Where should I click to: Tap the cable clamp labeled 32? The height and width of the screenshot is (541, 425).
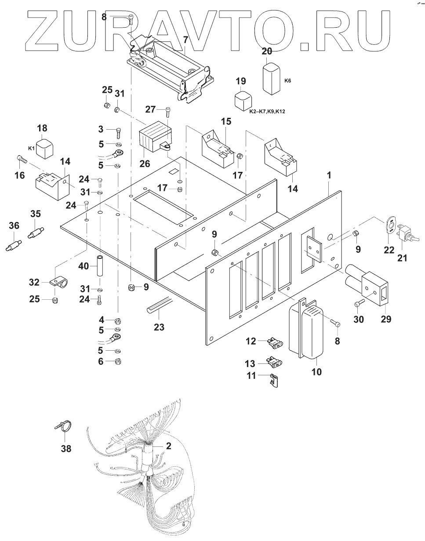tap(59, 281)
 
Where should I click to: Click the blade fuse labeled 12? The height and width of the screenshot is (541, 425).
tap(273, 341)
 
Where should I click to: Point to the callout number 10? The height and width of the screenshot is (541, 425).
tap(316, 372)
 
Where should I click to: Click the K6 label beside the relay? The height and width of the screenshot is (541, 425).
tap(287, 81)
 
